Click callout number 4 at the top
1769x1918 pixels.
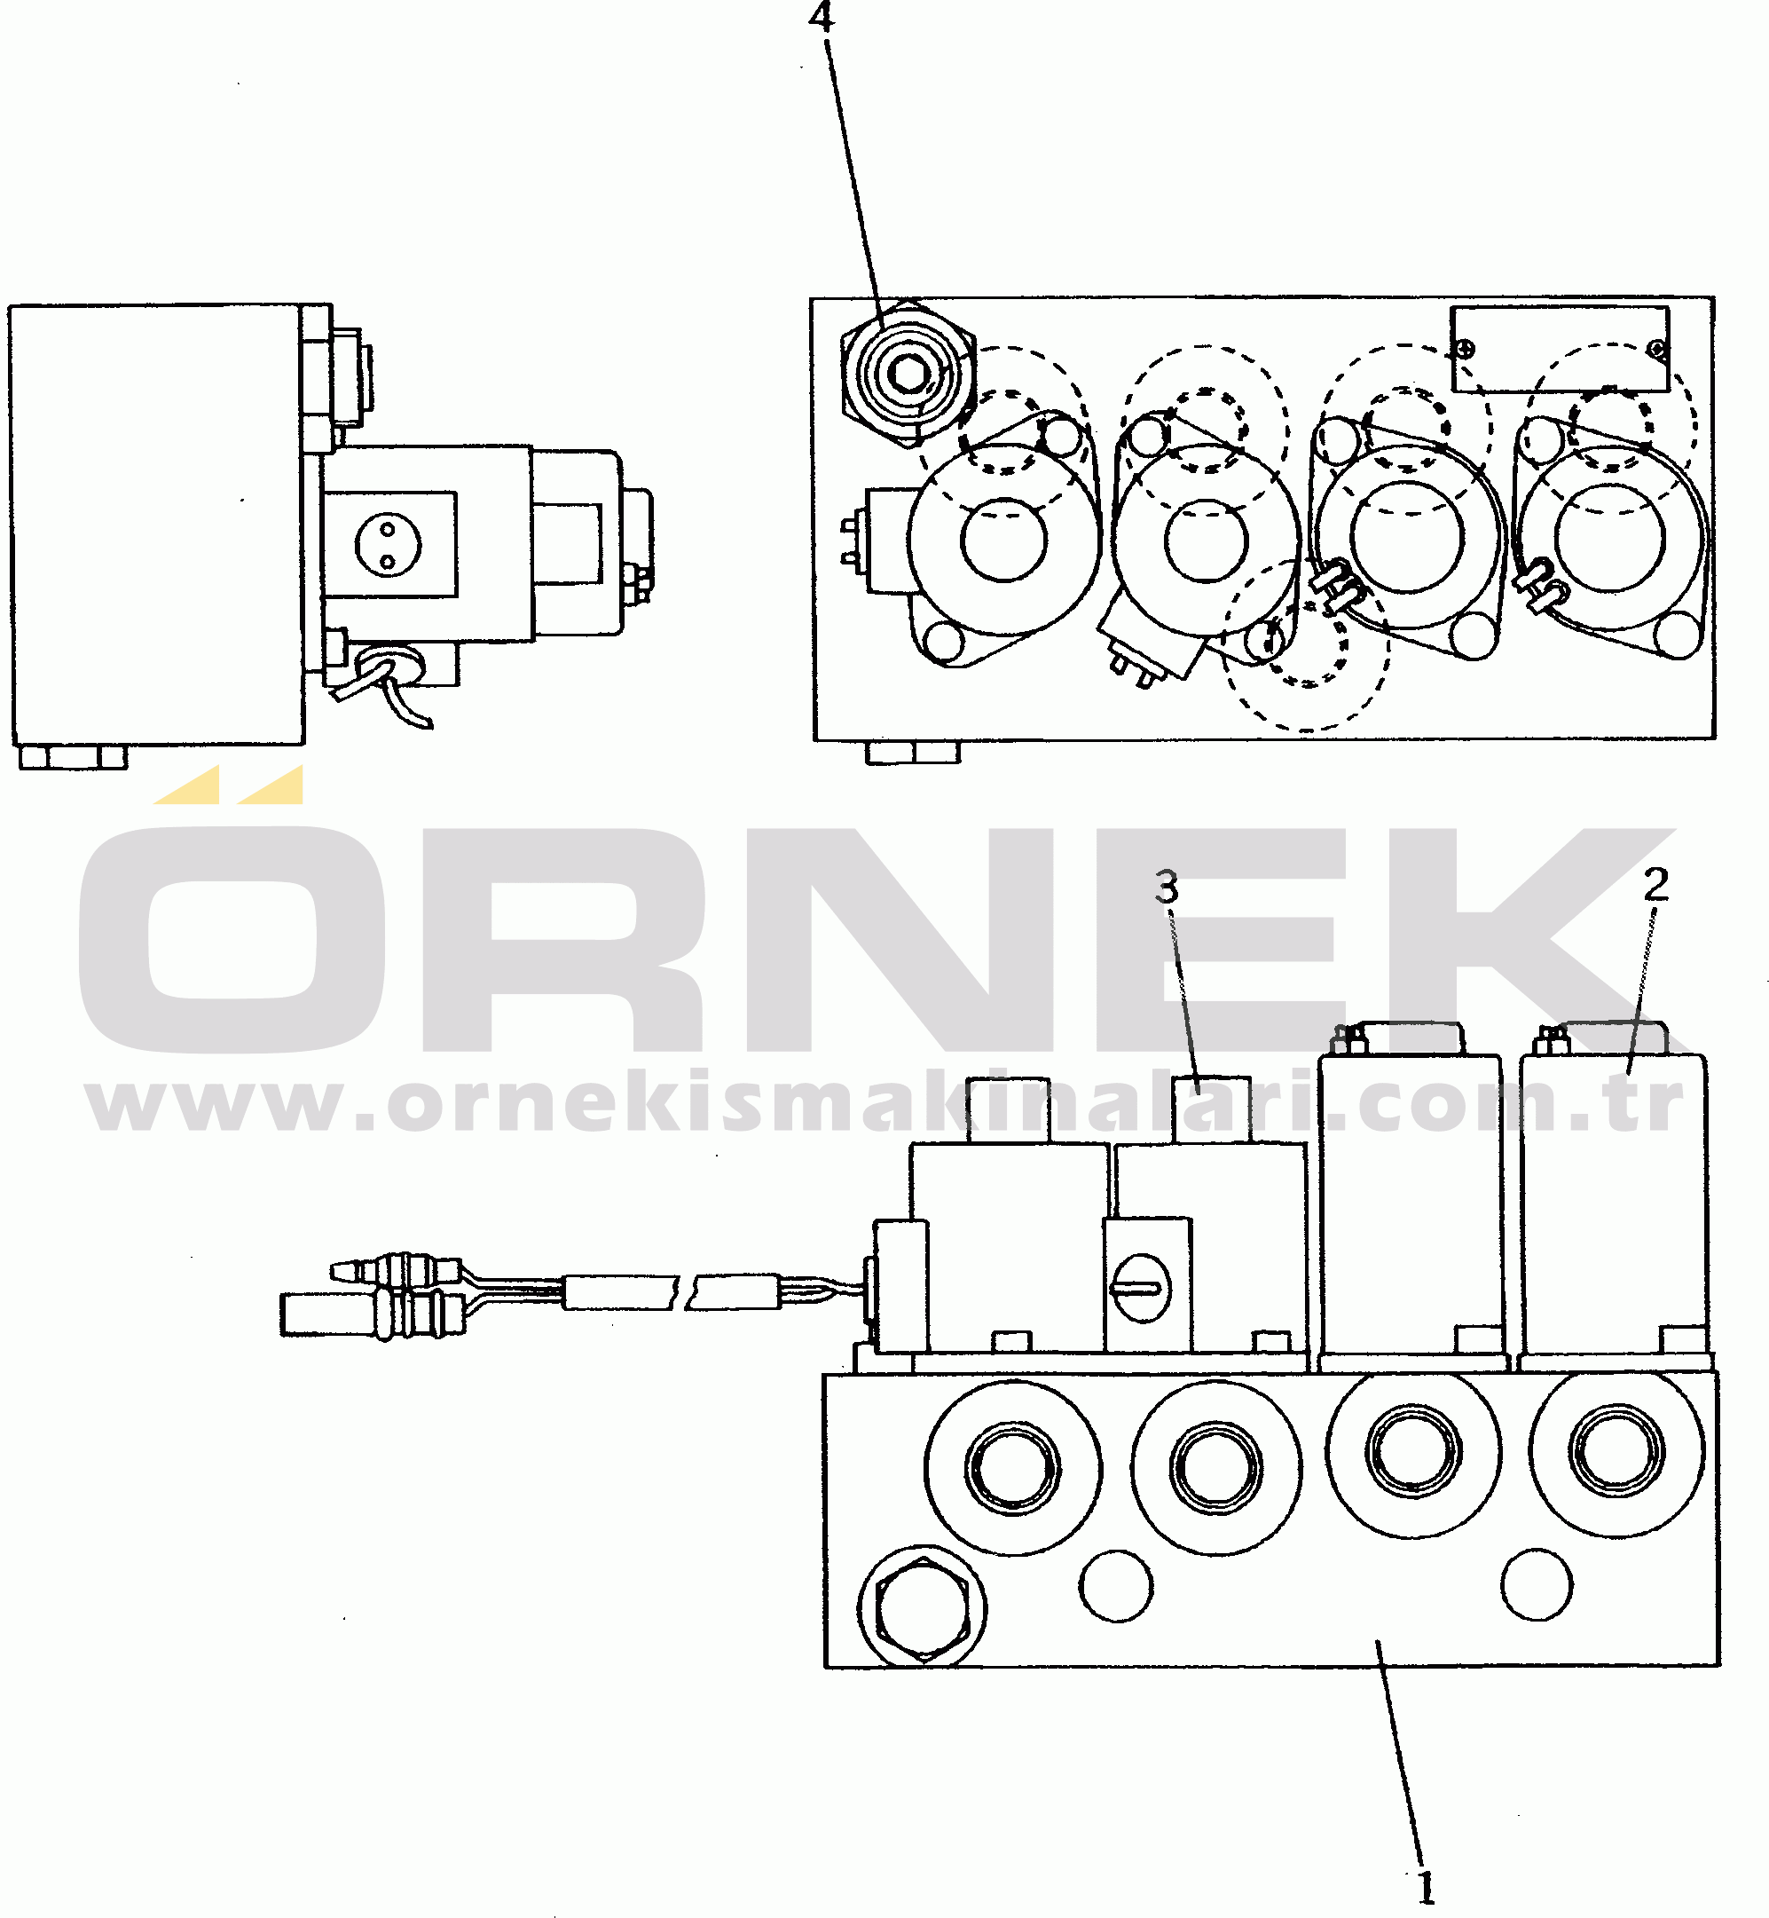[x=821, y=16]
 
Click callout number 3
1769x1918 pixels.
[x=1166, y=888]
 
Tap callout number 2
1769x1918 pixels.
[x=1655, y=884]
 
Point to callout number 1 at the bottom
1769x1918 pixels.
[x=1426, y=1889]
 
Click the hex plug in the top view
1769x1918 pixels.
[x=908, y=374]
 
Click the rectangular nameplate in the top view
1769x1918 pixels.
[x=1560, y=349]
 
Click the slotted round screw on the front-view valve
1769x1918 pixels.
[x=1140, y=1287]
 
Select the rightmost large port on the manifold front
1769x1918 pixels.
[x=1616, y=1451]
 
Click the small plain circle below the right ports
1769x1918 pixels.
[x=1537, y=1586]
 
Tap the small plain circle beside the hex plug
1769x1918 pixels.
[x=1116, y=1586]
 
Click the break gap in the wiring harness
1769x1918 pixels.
[x=687, y=1291]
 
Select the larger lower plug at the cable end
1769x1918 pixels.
[x=373, y=1313]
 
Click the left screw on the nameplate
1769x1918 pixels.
[x=1464, y=350]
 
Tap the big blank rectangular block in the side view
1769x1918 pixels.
[x=158, y=525]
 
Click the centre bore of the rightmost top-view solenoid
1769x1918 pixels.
[x=1610, y=537]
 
